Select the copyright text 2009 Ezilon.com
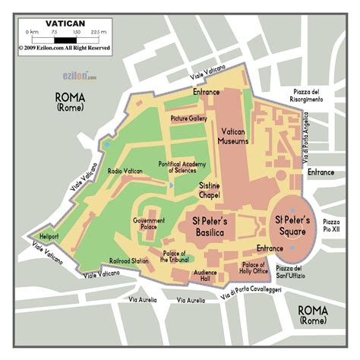pos(65,48)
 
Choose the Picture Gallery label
pos(189,118)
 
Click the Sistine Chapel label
pos(210,190)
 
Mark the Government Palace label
pos(149,224)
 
